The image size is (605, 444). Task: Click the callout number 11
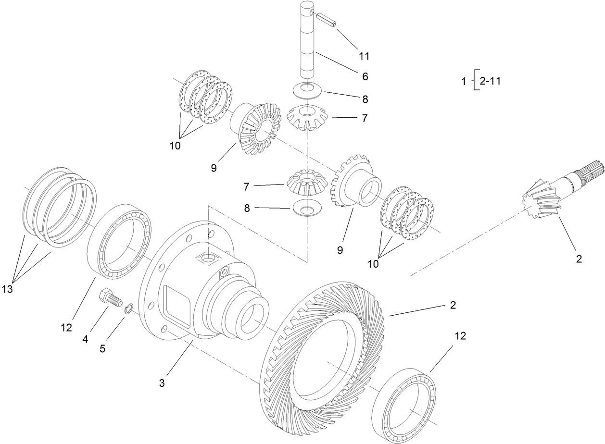click(364, 56)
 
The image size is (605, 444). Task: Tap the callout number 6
click(364, 76)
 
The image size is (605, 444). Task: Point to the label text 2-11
click(490, 81)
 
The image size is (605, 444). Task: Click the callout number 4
click(85, 338)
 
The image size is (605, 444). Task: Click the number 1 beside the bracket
click(464, 82)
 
